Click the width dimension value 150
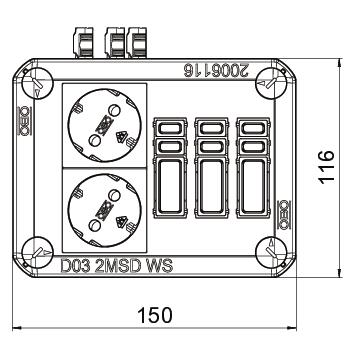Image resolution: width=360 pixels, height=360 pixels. [155, 315]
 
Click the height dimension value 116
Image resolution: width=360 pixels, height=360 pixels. [326, 167]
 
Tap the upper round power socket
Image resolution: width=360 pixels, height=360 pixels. [104, 125]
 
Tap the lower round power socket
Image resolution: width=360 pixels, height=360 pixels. [104, 210]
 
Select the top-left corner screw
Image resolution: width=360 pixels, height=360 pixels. [37, 83]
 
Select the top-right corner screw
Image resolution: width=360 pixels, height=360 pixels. [272, 83]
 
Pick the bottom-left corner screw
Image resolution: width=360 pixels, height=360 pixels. [37, 252]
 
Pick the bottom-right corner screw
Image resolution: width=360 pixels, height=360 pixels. [272, 252]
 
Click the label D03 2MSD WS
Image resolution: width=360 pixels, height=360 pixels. [117, 266]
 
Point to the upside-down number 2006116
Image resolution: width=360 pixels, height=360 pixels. [216, 71]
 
